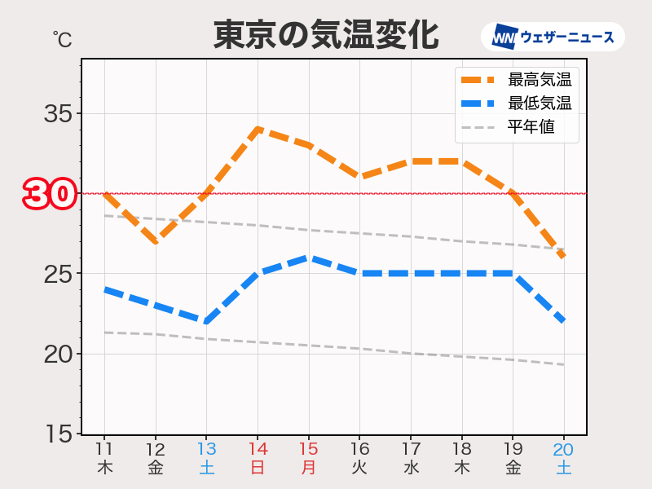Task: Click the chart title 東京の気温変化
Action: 326,35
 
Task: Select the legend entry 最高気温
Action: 538,80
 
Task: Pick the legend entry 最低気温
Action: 538,104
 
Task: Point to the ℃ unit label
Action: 62,37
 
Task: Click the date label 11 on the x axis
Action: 104,449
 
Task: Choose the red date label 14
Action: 258,449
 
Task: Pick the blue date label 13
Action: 206,449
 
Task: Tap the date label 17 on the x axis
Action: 411,449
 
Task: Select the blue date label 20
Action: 564,449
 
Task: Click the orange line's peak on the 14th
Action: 258,129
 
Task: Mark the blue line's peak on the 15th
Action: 309,258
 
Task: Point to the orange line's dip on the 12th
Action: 156,242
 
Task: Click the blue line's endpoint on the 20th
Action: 564,321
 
